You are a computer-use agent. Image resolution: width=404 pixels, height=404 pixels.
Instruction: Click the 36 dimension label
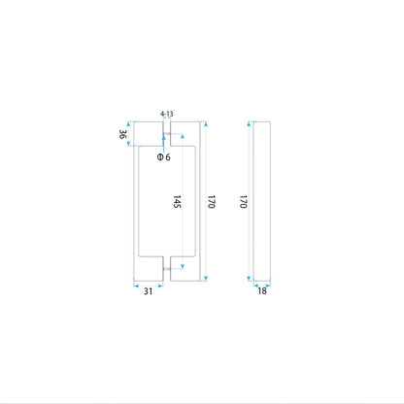122,134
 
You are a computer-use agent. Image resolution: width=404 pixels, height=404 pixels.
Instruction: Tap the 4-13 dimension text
167,114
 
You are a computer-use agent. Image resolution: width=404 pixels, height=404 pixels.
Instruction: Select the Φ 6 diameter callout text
163,157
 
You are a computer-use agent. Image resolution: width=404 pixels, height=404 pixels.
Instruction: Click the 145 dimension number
177,201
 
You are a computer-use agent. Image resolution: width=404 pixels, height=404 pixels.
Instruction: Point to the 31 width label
148,291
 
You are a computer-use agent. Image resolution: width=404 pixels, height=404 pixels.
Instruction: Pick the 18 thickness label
262,290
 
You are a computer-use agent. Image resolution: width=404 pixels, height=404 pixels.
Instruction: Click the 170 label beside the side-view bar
244,201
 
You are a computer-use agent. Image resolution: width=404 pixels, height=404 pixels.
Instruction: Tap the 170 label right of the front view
212,201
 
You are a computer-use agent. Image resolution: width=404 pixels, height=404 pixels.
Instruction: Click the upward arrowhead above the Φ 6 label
164,137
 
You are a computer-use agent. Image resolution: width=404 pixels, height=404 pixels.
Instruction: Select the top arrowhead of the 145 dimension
183,136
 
